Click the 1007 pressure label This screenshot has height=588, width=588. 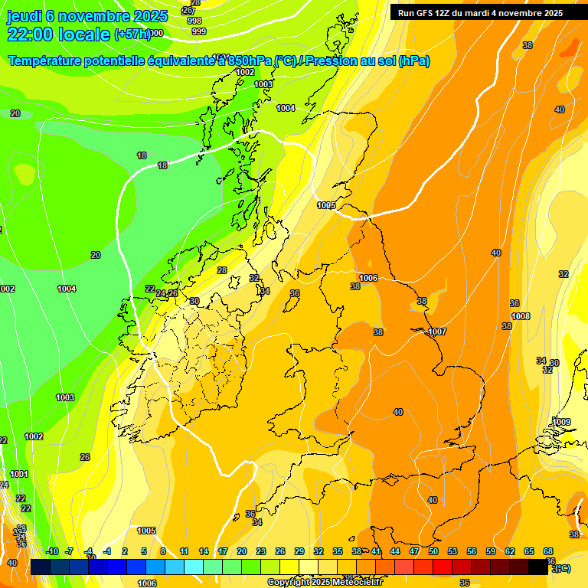437,332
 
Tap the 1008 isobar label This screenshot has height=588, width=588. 521,316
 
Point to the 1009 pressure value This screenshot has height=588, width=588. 562,422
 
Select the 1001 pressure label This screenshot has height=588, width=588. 19,475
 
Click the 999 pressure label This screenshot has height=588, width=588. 198,31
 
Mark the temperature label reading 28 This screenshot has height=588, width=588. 222,270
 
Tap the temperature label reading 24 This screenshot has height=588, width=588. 161,294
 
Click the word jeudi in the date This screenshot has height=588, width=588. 25,16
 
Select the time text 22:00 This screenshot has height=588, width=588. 36,34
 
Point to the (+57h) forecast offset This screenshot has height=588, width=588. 131,34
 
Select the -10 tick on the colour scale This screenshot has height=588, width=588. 52,551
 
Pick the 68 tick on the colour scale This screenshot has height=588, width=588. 548,551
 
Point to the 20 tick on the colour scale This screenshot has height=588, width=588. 241,551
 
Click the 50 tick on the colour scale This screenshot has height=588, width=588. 433,551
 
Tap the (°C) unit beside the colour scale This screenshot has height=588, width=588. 563,568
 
